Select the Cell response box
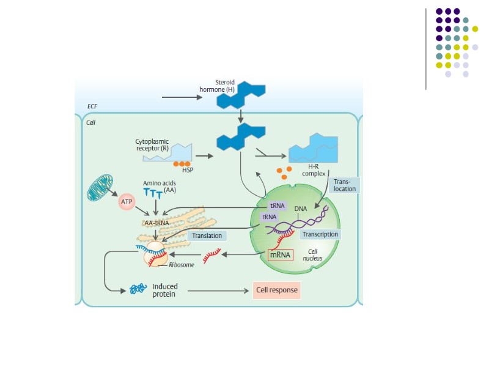coord(276,290)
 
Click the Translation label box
coord(207,235)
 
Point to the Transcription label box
coord(319,234)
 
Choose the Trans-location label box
coord(344,185)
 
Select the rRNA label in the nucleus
coord(269,217)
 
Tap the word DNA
coord(300,209)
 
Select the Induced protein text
coord(165,290)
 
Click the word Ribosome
coord(181,266)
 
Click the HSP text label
coord(188,170)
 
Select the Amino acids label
coord(158,183)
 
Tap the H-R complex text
coord(313,170)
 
